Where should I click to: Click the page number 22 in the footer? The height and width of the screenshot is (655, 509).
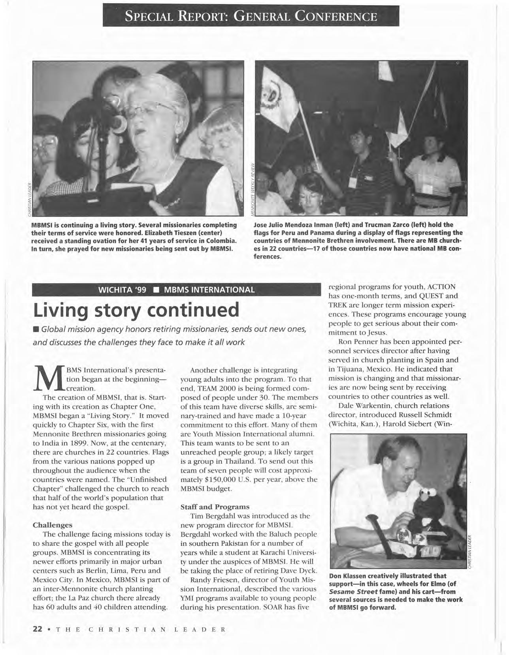37,629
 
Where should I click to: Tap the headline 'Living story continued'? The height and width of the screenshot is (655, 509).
136,310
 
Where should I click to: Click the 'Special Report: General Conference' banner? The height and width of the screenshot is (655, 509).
251,17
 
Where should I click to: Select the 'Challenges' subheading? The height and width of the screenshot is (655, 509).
53,525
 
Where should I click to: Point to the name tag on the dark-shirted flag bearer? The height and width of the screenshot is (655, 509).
353,182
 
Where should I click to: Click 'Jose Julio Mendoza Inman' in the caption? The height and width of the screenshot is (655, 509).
292,225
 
